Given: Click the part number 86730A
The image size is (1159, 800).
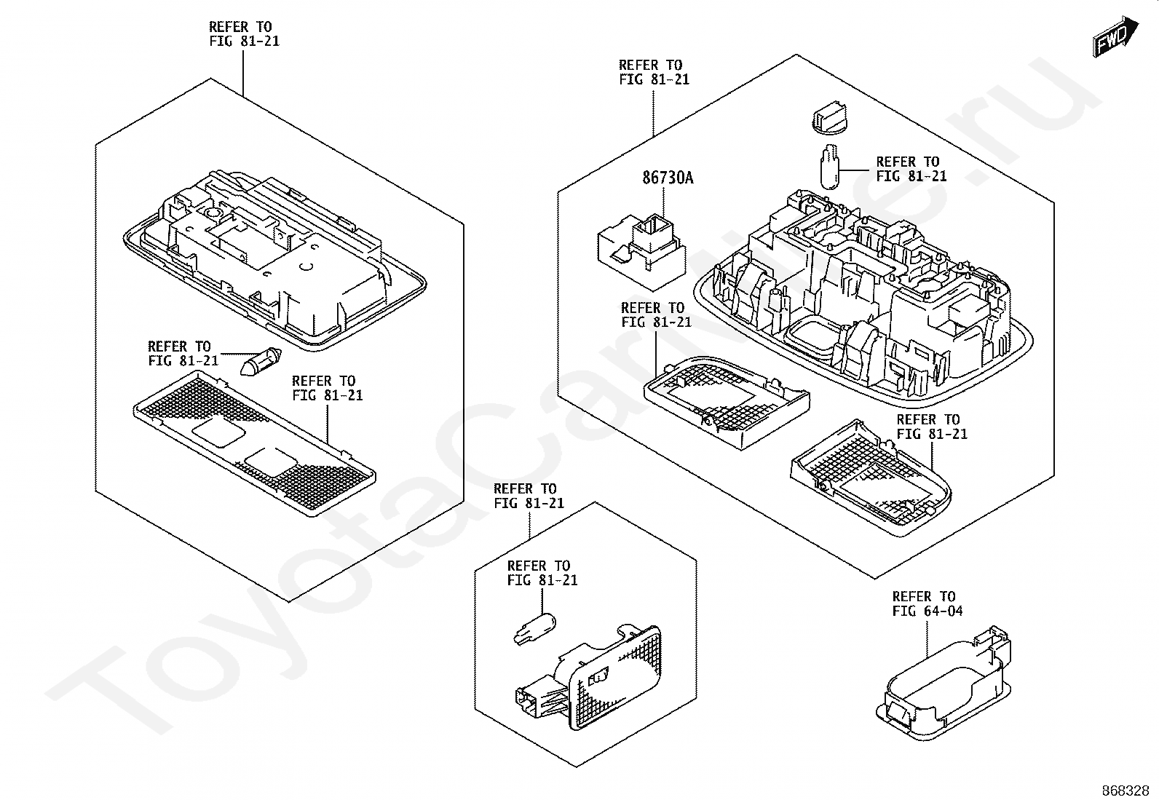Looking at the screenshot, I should (667, 178).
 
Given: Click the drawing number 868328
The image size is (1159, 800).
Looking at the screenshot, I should (1125, 790).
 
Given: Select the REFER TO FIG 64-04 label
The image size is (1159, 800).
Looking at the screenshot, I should (927, 603).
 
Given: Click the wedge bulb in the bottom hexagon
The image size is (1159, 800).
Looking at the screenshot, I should (534, 629).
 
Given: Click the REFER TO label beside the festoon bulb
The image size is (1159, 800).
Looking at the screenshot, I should (183, 353).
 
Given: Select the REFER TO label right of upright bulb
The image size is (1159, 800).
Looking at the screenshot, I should (911, 169).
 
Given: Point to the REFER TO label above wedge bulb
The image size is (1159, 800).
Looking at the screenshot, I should (542, 573).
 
